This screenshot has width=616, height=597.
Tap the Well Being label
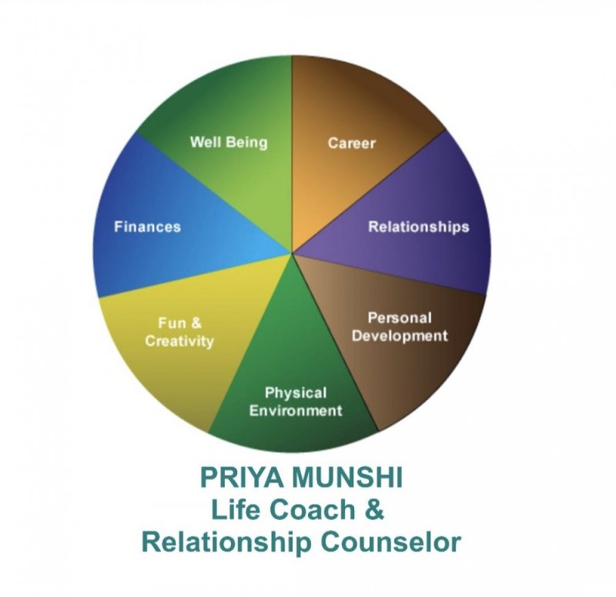point(229,142)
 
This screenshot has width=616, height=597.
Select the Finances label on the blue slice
point(147,226)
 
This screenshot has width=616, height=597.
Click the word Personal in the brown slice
point(400,318)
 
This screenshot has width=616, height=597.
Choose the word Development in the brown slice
point(400,335)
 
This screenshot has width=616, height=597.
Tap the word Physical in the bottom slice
point(296,393)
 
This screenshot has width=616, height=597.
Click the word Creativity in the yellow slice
point(179,341)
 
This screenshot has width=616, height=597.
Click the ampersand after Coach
point(373,509)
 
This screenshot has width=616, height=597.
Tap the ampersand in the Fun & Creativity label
point(198,324)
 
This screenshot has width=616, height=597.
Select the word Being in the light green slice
point(248,143)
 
